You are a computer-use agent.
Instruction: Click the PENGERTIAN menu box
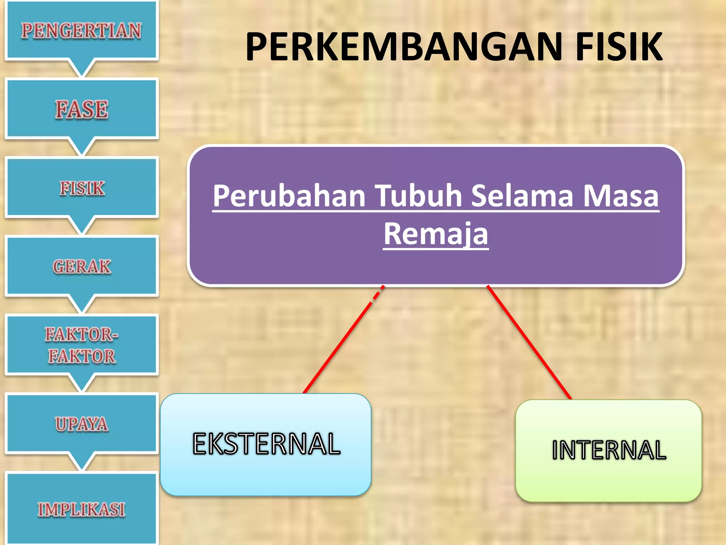[82, 31]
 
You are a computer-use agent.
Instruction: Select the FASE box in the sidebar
[82, 109]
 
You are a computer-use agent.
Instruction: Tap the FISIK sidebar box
[82, 188]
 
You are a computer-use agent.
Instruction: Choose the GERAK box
[82, 266]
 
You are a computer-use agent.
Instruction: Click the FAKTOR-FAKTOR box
[82, 345]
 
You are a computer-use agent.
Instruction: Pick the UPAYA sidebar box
[82, 424]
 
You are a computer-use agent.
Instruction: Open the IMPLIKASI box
[82, 509]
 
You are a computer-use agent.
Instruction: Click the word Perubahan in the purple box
[289, 196]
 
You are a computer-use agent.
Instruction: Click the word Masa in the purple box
[621, 196]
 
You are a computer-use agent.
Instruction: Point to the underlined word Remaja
[436, 234]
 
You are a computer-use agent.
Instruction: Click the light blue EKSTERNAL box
[266, 444]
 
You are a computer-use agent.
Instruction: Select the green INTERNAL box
[609, 450]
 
